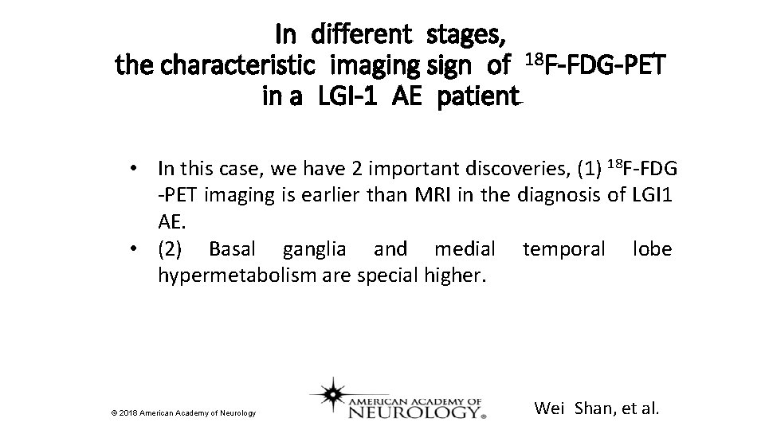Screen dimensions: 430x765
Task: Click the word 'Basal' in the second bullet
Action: click(x=231, y=250)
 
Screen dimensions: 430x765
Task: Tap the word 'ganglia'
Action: click(x=314, y=251)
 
